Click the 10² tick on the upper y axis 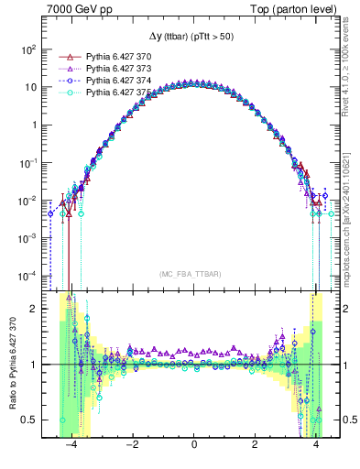click(x=29, y=49)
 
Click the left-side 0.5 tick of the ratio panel click(x=29, y=420)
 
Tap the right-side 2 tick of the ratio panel click(x=349, y=309)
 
